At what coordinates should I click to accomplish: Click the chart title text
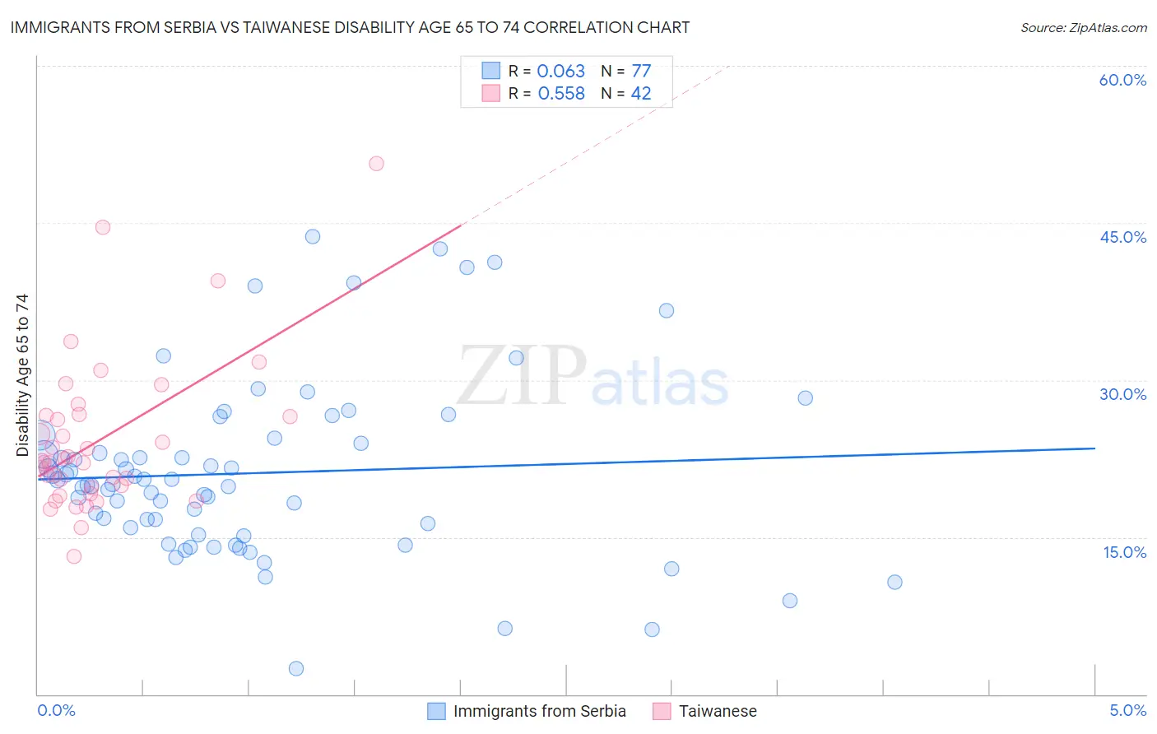[x=350, y=27]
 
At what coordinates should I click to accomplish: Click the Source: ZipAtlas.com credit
[x=1083, y=27]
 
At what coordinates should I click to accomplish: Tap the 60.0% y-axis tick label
[x=1122, y=80]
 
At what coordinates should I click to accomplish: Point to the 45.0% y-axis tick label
[x=1122, y=237]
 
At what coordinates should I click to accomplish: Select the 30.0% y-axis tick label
[x=1122, y=394]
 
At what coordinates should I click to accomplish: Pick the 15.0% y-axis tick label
[x=1124, y=552]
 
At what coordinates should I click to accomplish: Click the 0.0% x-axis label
[x=56, y=710]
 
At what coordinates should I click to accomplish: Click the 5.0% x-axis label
[x=1127, y=710]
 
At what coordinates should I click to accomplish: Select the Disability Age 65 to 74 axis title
[x=22, y=374]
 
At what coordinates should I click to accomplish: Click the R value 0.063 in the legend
[x=560, y=72]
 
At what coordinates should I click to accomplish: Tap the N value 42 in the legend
[x=640, y=94]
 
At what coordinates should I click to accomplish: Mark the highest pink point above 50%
[x=376, y=163]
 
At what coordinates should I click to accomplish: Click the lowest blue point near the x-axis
[x=296, y=668]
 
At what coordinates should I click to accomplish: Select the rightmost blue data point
[x=894, y=582]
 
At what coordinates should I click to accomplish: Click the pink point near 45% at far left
[x=103, y=227]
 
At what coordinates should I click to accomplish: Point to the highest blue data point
[x=313, y=236]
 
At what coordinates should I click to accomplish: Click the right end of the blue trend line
[x=1094, y=448]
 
